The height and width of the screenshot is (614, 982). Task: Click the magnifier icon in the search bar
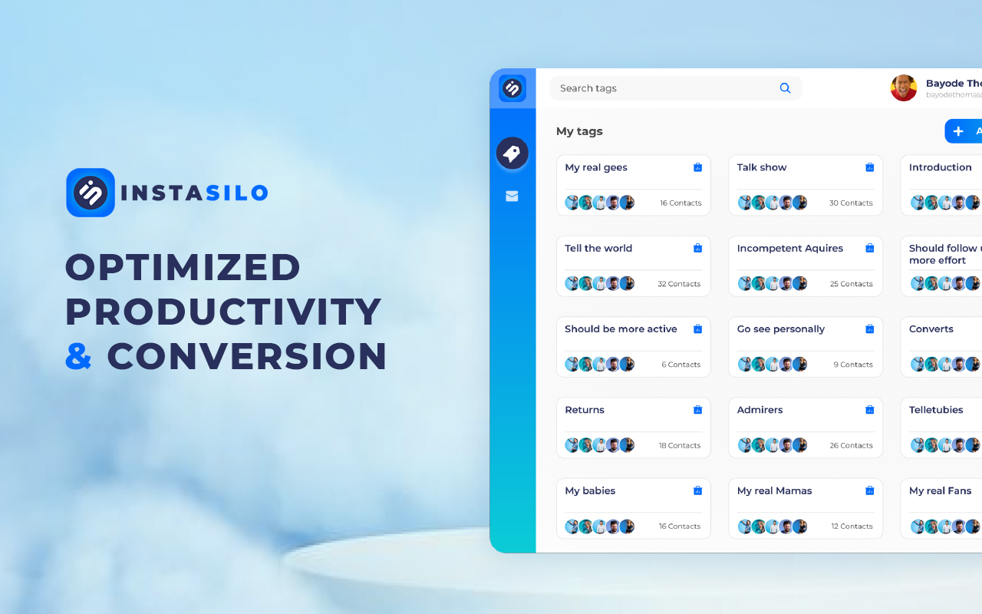(x=785, y=88)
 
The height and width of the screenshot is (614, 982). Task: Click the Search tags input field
(x=660, y=88)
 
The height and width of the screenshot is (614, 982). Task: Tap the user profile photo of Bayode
(x=903, y=88)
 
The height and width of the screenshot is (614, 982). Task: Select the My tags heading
(x=579, y=131)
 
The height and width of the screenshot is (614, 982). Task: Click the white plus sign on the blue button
(x=957, y=131)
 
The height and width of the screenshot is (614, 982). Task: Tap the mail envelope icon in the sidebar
(x=512, y=196)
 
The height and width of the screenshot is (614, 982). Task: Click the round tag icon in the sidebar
(x=512, y=153)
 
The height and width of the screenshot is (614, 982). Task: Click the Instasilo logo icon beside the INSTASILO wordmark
(x=91, y=193)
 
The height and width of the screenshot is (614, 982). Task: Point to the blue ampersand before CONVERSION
(x=79, y=357)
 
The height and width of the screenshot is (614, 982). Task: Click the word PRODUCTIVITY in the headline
(x=222, y=312)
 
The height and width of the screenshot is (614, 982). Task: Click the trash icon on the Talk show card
(x=869, y=167)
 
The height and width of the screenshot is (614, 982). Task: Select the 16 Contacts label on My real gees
(x=680, y=203)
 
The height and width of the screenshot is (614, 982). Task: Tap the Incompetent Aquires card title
(x=789, y=249)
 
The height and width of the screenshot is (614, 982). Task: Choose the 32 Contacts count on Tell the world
(x=679, y=284)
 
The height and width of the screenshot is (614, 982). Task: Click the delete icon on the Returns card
(x=697, y=410)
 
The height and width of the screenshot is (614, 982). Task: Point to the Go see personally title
(x=780, y=329)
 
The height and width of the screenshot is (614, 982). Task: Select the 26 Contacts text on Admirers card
(x=851, y=446)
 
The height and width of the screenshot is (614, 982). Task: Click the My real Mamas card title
(x=774, y=491)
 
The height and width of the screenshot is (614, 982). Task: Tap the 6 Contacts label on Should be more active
(x=680, y=365)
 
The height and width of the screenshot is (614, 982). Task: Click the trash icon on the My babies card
(x=697, y=491)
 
